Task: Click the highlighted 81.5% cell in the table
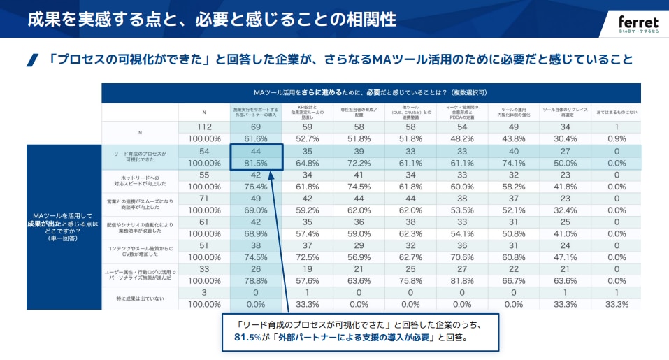pyautogui.click(x=256, y=163)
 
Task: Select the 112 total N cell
pyautogui.click(x=204, y=127)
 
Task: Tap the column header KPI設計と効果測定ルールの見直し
pyautogui.click(x=307, y=112)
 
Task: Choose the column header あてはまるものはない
pyautogui.click(x=615, y=111)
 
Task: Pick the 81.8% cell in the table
pyautogui.click(x=462, y=280)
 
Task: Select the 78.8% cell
pyautogui.click(x=256, y=280)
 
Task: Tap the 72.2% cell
pyautogui.click(x=359, y=163)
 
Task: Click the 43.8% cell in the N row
pyautogui.click(x=514, y=138)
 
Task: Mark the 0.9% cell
pyautogui.click(x=615, y=138)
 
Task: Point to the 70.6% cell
pyautogui.click(x=462, y=257)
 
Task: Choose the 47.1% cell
pyautogui.click(x=564, y=257)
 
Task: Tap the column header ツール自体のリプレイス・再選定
pyautogui.click(x=564, y=112)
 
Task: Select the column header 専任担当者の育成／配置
pyautogui.click(x=359, y=112)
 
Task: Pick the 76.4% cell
pyautogui.click(x=256, y=187)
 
